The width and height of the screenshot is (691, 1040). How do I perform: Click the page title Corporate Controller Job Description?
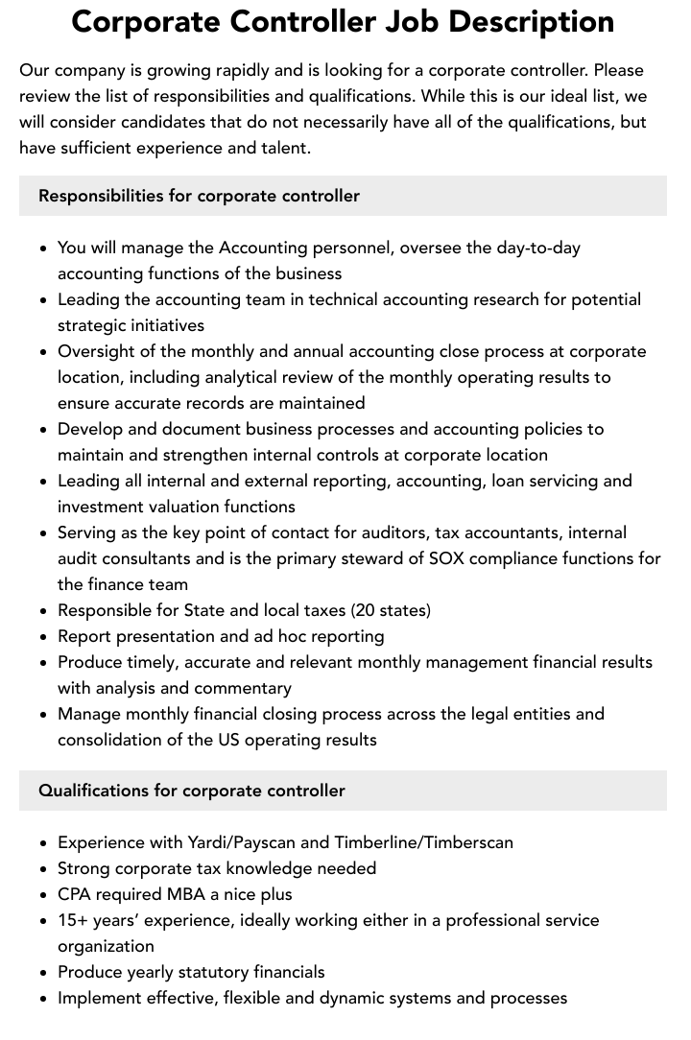[344, 21]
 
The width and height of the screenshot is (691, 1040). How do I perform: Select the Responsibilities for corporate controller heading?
[199, 196]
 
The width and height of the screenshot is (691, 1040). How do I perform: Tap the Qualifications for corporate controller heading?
[192, 791]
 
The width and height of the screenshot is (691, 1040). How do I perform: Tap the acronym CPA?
[75, 894]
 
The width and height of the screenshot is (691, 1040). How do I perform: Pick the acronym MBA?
[183, 894]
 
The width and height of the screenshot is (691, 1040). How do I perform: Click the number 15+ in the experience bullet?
[73, 920]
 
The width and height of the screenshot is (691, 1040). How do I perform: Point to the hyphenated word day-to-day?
[538, 248]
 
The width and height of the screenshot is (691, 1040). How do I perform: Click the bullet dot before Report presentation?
[44, 637]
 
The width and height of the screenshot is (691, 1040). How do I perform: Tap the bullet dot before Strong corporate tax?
[44, 869]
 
